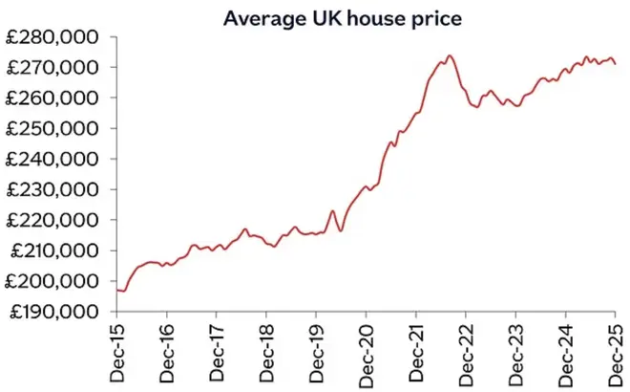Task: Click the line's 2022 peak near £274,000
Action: point(449,55)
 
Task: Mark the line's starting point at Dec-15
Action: point(116,290)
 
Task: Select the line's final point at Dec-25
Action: point(615,64)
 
